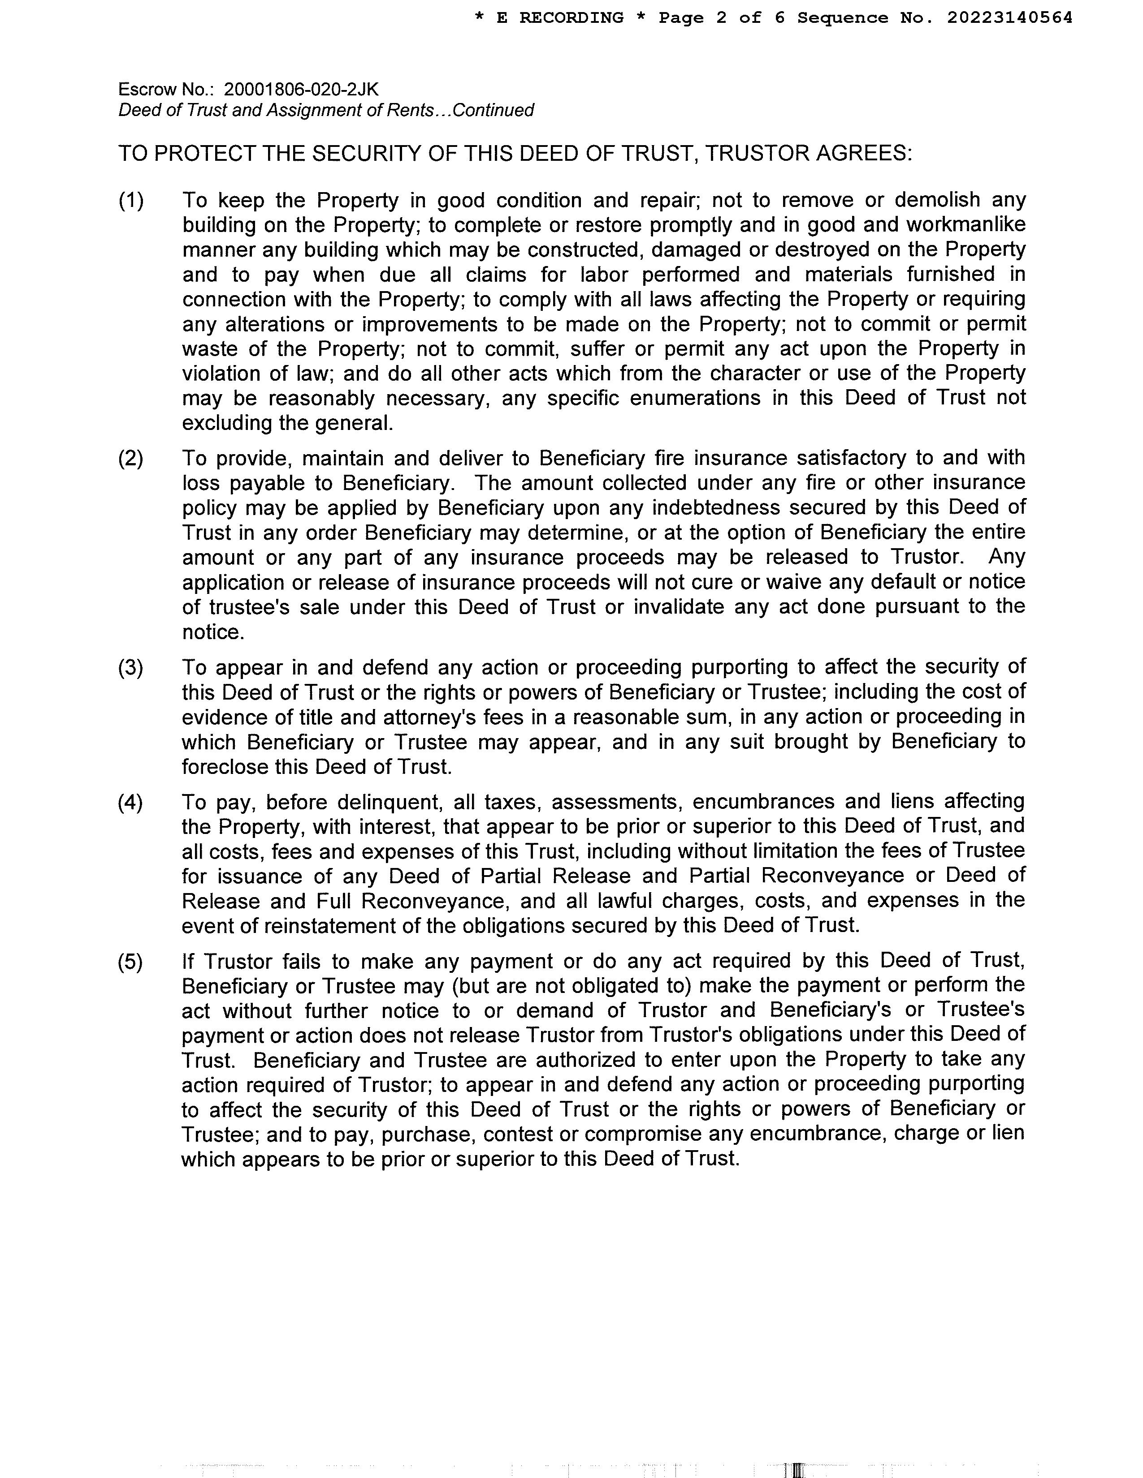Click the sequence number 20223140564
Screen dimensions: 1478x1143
pos(1009,18)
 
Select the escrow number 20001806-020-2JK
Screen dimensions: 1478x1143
pos(301,89)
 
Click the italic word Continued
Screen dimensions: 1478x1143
pos(493,110)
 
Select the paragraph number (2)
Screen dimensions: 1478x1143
pos(131,458)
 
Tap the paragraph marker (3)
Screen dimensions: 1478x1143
pos(131,667)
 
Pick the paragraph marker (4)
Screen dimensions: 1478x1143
pos(131,802)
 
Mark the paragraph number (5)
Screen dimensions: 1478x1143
pos(131,961)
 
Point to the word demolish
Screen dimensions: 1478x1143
pos(938,200)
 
